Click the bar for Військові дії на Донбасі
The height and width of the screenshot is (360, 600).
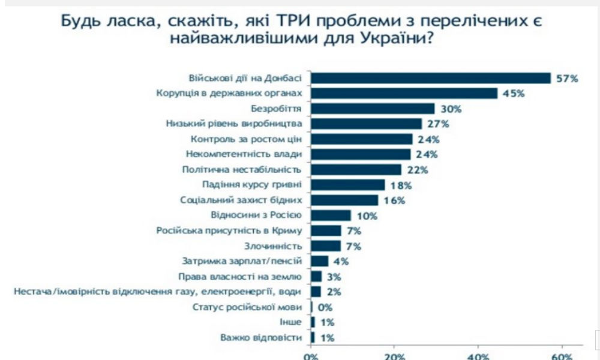click(431, 78)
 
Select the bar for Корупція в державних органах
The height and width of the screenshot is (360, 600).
click(404, 93)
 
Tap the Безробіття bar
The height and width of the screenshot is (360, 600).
click(373, 109)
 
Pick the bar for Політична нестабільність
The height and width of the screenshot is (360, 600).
click(356, 170)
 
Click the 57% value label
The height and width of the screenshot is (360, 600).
click(566, 78)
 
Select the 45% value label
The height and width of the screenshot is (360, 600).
click(513, 93)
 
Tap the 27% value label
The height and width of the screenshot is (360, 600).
click(437, 124)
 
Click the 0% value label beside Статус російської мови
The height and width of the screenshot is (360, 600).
click(325, 308)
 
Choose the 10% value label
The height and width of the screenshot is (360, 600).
click(365, 215)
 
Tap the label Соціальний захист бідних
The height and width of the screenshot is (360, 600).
click(241, 200)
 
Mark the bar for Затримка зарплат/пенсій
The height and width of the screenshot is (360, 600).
click(320, 262)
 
